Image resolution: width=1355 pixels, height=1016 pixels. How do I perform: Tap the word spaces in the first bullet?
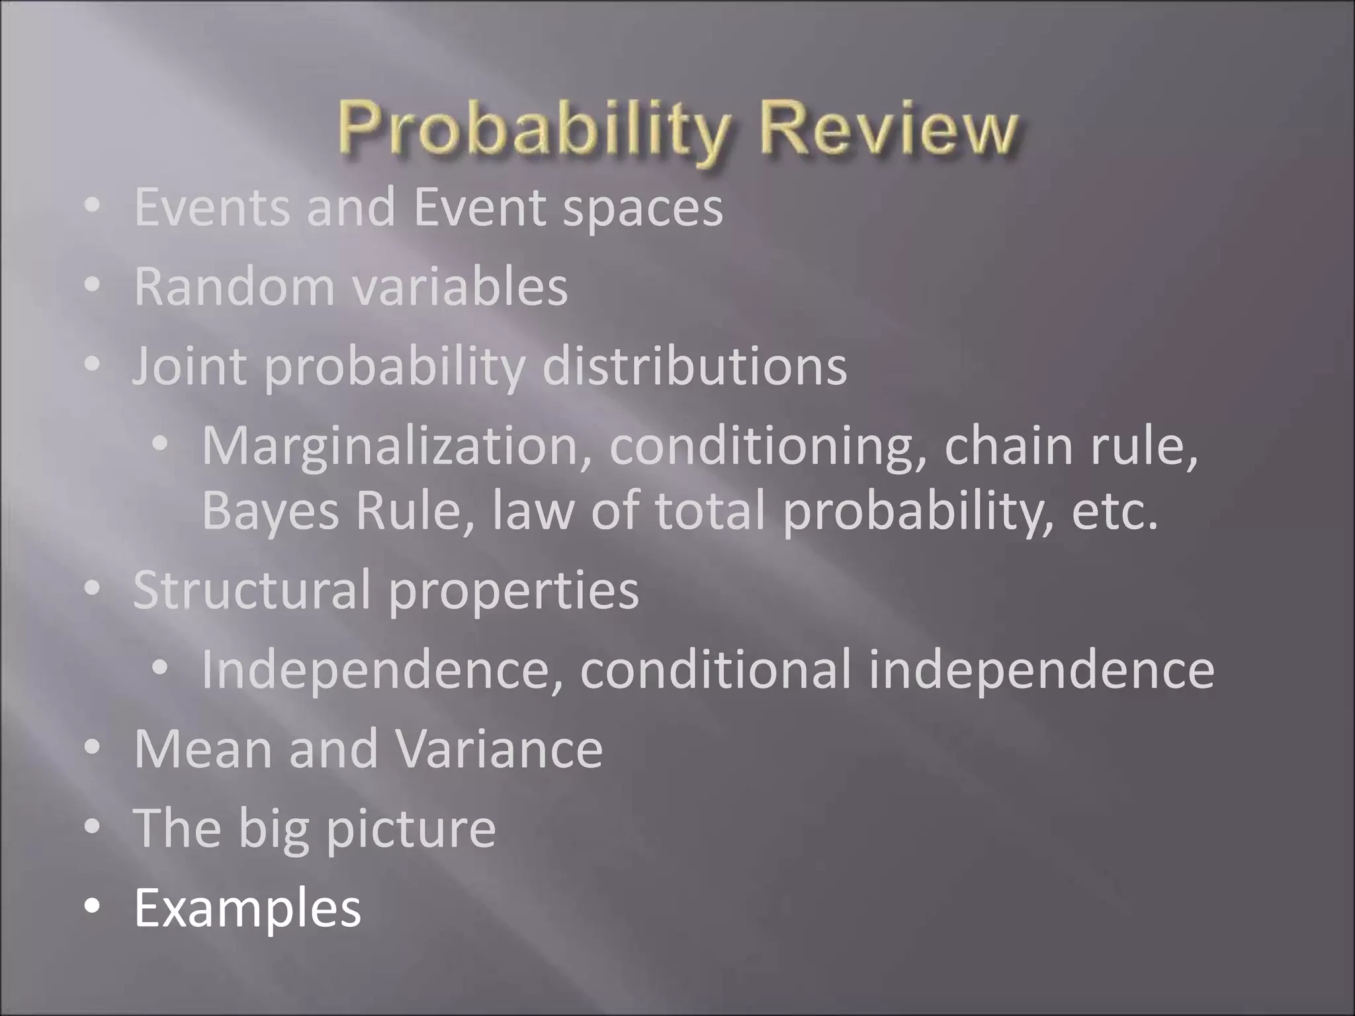coord(642,208)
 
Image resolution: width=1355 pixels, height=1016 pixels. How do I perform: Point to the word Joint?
coord(190,366)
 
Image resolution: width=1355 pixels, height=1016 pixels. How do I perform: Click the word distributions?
coord(694,366)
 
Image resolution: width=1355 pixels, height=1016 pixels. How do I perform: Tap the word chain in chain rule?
coord(1008,445)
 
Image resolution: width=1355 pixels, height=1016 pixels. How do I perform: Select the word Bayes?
coord(270,511)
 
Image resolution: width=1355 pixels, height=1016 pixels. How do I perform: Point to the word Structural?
coord(251,589)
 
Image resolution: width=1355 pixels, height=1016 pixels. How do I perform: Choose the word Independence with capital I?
coord(382,669)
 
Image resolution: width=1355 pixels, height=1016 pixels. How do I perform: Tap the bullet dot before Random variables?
coord(93,285)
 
